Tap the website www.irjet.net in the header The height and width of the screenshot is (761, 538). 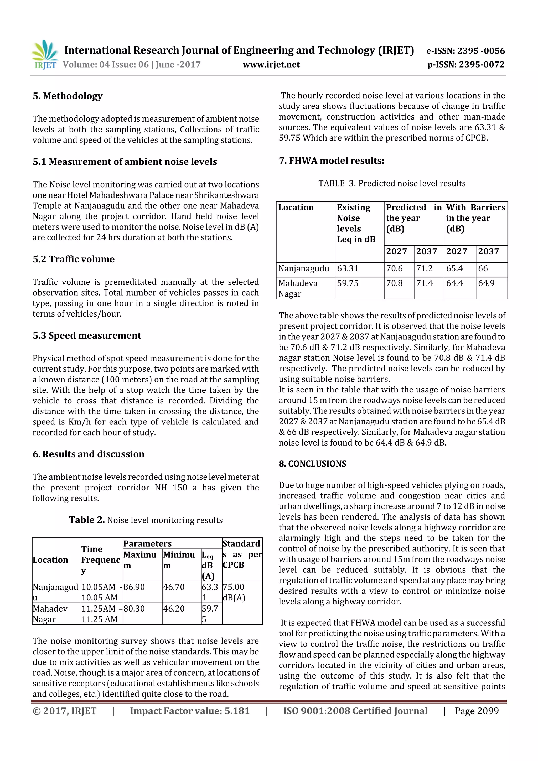271,64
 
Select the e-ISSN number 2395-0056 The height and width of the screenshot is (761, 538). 465,51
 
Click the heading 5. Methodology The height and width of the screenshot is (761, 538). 68,96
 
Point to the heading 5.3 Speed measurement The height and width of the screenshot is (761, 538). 87,335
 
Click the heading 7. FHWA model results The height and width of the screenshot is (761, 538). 332,161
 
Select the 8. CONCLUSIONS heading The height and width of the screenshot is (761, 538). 312,464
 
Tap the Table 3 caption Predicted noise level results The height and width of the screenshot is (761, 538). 392,184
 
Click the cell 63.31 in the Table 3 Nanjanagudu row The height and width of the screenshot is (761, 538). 348,268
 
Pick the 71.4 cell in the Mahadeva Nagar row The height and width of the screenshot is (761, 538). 424,283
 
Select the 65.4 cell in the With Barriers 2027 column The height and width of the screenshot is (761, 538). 454,268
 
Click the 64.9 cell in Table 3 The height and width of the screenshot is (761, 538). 486,283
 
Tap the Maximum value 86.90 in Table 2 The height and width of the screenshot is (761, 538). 134,587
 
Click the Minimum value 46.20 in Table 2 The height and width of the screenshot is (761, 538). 174,609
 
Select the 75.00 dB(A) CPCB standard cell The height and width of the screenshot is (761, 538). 234,592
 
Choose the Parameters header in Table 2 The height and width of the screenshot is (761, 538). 148,543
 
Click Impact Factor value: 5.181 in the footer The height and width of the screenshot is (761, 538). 190,711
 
